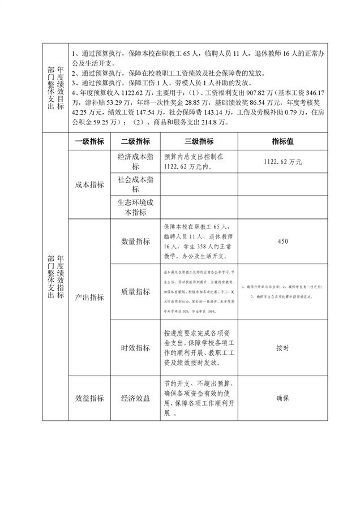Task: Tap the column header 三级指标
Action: (x=199, y=141)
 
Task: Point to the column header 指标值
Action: (x=282, y=141)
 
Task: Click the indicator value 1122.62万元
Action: (x=282, y=162)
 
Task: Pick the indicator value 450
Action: (x=282, y=241)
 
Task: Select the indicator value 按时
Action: (x=282, y=348)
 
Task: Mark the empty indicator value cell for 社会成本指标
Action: (x=282, y=184)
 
